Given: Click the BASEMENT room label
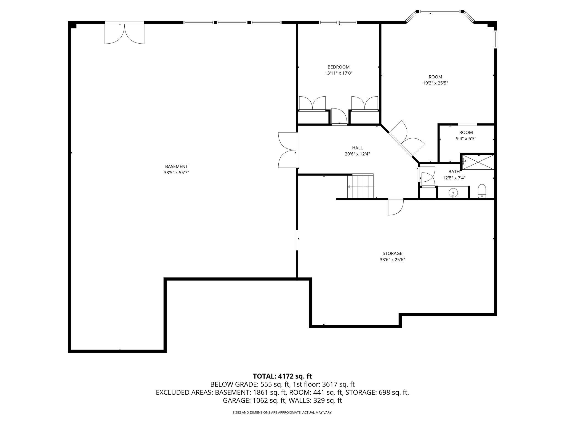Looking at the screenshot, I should (176, 166).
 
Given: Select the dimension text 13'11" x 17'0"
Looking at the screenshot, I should (339, 73).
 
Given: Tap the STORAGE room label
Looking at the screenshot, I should (392, 253).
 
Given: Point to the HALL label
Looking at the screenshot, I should (357, 148).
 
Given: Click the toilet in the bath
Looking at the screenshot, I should (482, 191).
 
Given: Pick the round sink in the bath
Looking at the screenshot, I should (453, 192).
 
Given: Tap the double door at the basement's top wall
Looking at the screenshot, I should (124, 34).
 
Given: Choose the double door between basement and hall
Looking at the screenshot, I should (287, 150).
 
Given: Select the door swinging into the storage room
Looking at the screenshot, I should (395, 206).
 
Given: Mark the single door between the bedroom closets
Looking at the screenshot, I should (339, 116).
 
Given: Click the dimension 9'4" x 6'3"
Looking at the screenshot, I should (466, 139).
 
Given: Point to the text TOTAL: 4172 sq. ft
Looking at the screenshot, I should (282, 376).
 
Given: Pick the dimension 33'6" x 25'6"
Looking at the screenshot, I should (392, 259).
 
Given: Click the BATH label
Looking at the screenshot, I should (454, 172).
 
